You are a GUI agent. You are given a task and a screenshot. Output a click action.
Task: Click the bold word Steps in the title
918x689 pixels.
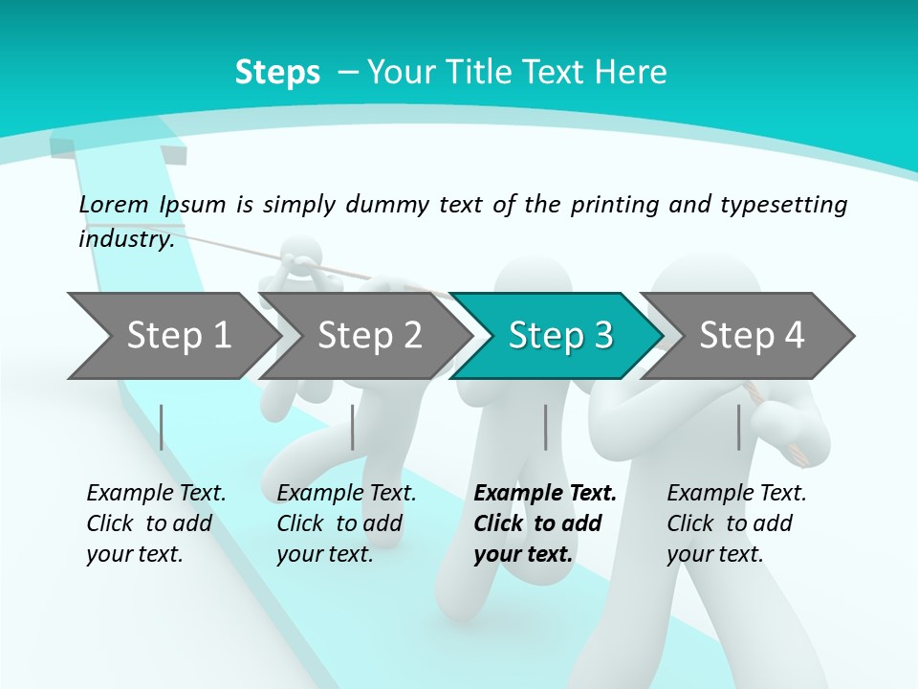[x=277, y=73]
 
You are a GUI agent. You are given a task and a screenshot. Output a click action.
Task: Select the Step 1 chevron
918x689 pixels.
[x=172, y=336]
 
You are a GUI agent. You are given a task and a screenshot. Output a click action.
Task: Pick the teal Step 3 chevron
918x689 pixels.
[x=559, y=336]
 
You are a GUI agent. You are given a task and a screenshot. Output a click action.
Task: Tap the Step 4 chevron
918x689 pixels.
[x=751, y=336]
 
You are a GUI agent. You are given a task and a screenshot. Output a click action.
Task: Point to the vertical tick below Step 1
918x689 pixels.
[x=162, y=427]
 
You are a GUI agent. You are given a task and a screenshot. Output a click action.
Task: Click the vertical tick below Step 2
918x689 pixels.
[x=353, y=427]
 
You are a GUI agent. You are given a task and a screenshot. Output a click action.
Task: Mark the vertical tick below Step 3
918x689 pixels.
[x=545, y=427]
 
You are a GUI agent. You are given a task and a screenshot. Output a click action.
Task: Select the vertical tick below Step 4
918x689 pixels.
[x=738, y=427]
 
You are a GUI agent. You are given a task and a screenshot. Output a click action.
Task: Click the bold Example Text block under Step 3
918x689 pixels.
[x=545, y=523]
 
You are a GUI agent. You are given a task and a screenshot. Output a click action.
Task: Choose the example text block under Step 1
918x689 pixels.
[x=156, y=523]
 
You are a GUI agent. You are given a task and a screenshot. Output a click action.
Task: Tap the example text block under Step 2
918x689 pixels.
[x=346, y=523]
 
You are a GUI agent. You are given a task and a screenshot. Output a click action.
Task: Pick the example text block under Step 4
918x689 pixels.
[x=736, y=523]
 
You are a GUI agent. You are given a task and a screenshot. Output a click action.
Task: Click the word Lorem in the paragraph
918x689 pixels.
[x=114, y=204]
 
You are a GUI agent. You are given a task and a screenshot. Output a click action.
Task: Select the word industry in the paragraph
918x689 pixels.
[x=125, y=239]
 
